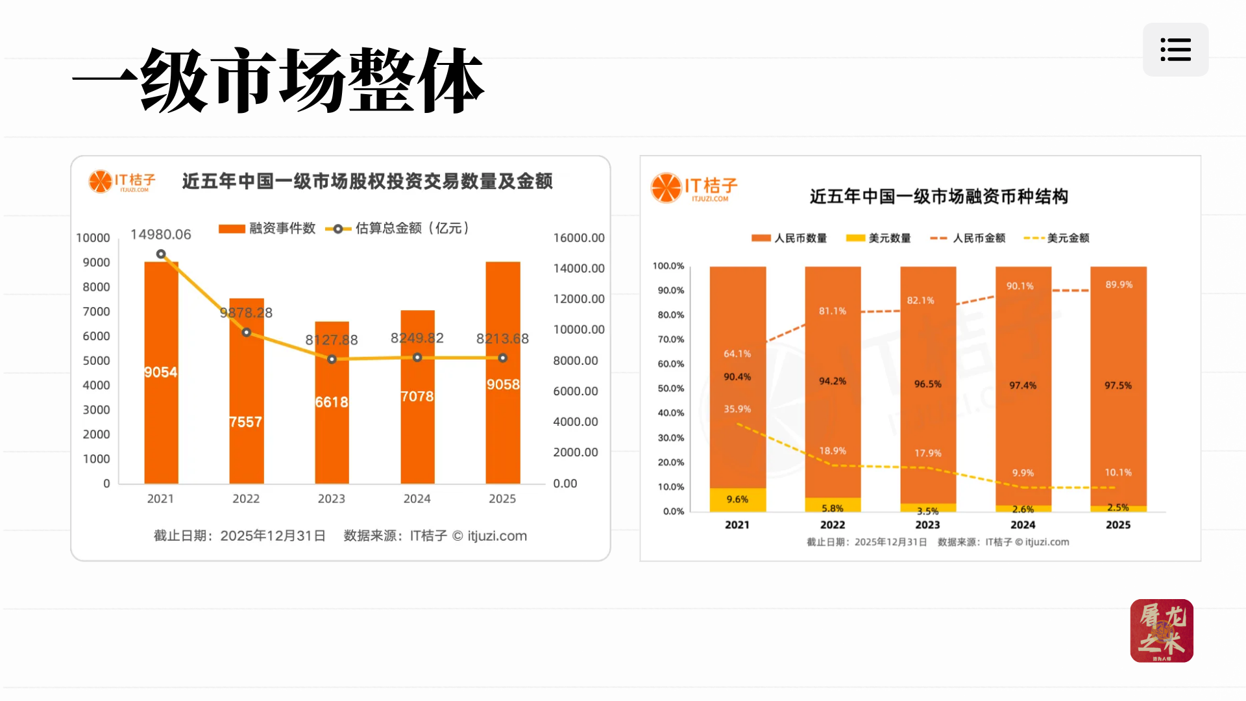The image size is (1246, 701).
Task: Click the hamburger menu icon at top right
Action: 1175,50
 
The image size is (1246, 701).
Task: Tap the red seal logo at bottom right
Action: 1162,630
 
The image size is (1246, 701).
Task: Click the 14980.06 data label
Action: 161,234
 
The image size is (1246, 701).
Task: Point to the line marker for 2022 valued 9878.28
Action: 247,332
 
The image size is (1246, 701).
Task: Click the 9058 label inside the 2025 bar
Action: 503,384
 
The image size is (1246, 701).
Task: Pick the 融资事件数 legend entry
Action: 267,228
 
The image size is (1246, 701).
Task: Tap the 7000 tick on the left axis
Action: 96,312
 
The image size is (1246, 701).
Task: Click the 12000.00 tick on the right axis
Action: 578,299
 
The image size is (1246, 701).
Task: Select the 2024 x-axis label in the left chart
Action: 417,498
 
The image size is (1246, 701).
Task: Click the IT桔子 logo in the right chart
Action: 694,188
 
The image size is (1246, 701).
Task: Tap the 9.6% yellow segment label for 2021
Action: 737,499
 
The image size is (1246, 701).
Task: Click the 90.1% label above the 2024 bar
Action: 1020,286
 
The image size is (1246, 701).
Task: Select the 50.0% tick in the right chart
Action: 670,388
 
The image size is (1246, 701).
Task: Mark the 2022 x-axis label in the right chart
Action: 833,524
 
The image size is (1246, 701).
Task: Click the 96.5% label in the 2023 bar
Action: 927,384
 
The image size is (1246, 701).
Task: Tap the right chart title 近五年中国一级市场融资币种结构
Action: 938,197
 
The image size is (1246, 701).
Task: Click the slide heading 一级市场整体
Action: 279,81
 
